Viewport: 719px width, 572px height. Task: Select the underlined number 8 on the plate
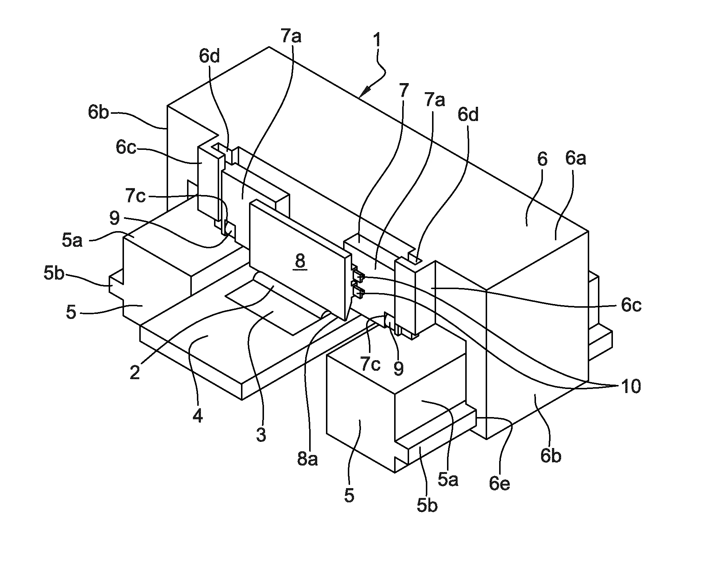300,262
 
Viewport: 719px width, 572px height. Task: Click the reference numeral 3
261,435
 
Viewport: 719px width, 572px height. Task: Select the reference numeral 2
135,372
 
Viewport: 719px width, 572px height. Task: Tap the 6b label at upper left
98,112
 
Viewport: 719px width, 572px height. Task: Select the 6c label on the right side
631,306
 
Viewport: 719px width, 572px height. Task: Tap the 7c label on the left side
135,196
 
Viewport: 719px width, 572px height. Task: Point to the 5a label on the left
72,241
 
